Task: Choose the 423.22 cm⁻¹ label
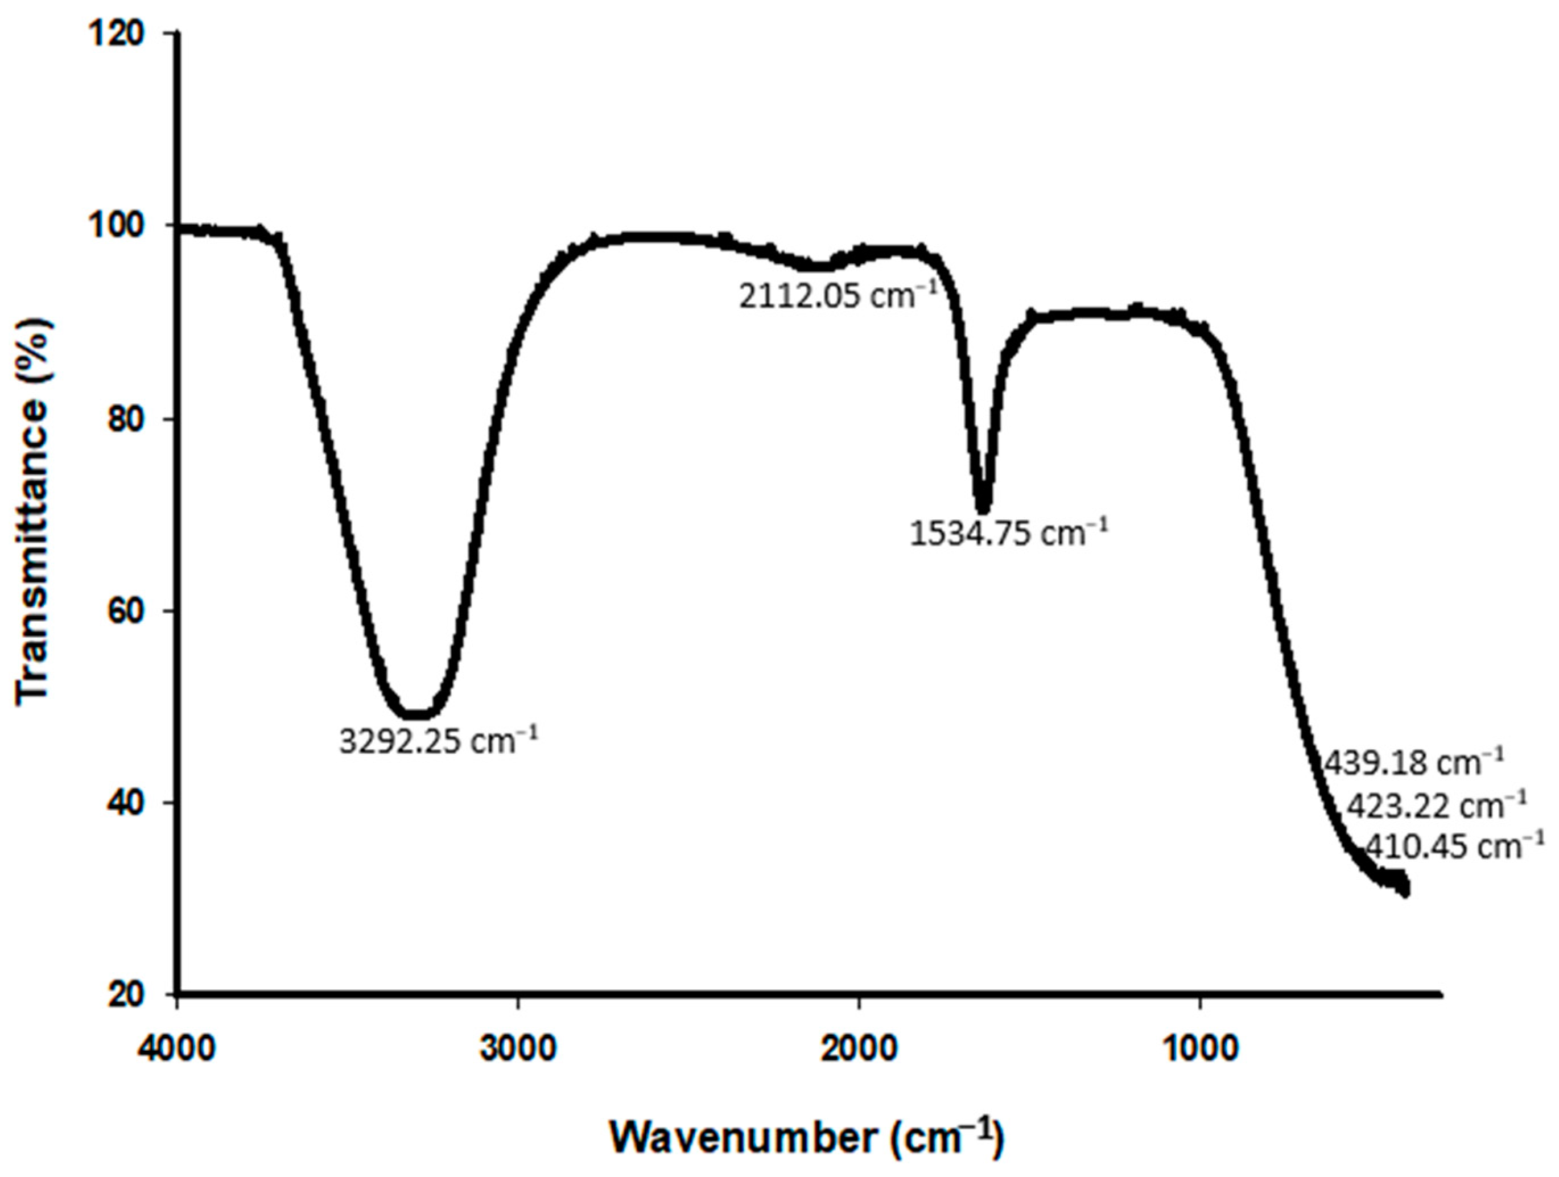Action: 1436,806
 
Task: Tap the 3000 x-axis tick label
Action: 518,1050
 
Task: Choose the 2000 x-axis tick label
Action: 859,1050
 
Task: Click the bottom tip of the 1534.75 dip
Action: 983,509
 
